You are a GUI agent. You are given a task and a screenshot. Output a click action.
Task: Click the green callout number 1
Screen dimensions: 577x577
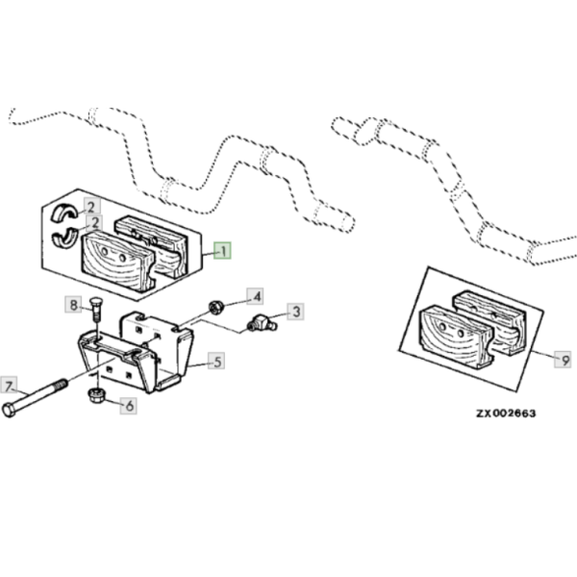pos(223,252)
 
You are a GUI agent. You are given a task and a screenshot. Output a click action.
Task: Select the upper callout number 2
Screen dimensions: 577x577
pos(91,206)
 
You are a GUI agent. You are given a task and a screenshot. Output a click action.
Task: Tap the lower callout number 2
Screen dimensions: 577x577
pos(92,223)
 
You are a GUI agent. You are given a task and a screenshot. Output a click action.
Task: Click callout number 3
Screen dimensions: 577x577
pos(296,311)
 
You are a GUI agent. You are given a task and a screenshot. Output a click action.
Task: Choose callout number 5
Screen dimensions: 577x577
pos(217,362)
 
